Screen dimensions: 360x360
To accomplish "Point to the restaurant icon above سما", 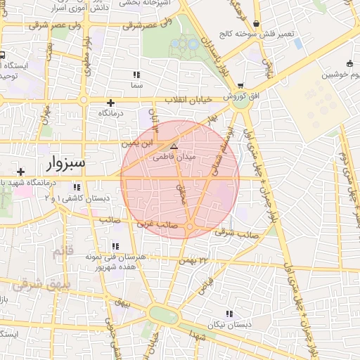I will click(x=136, y=74).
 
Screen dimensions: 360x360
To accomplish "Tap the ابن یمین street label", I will click(x=137, y=143).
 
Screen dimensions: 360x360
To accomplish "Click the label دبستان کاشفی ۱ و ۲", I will click(x=77, y=199).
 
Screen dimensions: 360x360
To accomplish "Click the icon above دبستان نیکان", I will click(x=229, y=314).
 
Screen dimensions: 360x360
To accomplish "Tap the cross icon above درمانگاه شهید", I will click(x=21, y=172).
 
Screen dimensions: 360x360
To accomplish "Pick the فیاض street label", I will click(x=206, y=285).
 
